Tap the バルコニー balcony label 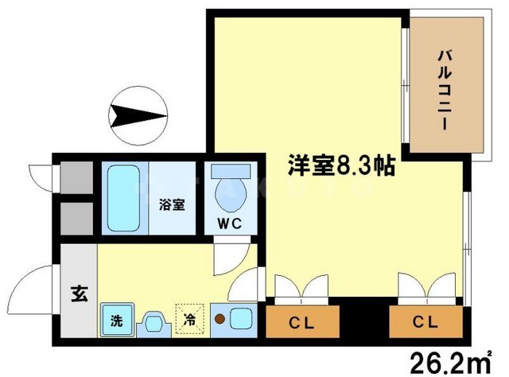[445, 87]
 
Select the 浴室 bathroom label [173, 204]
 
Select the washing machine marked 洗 [116, 321]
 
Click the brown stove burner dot [219, 321]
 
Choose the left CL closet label [299, 323]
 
